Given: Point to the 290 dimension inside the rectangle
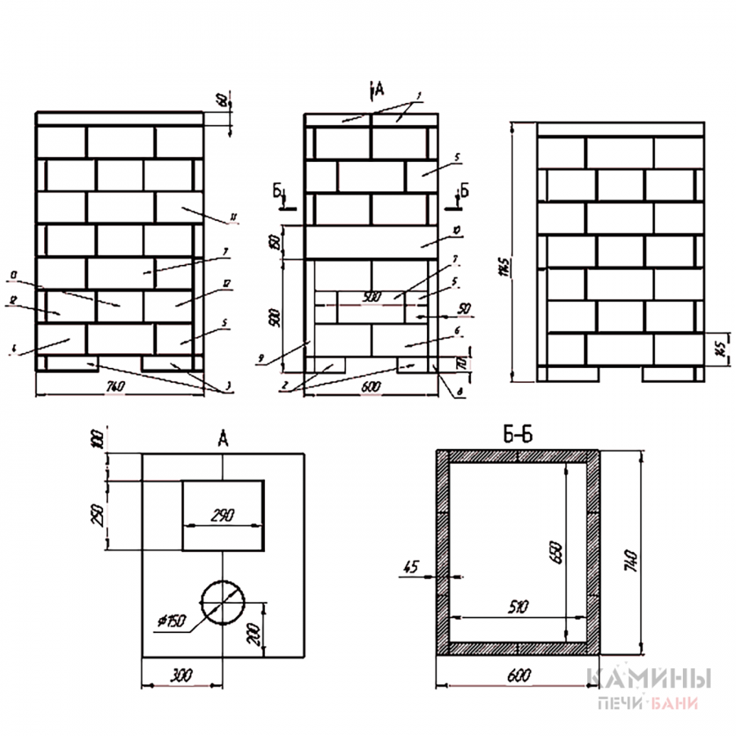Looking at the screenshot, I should [222, 516].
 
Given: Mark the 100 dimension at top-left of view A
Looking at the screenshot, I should [101, 442].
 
